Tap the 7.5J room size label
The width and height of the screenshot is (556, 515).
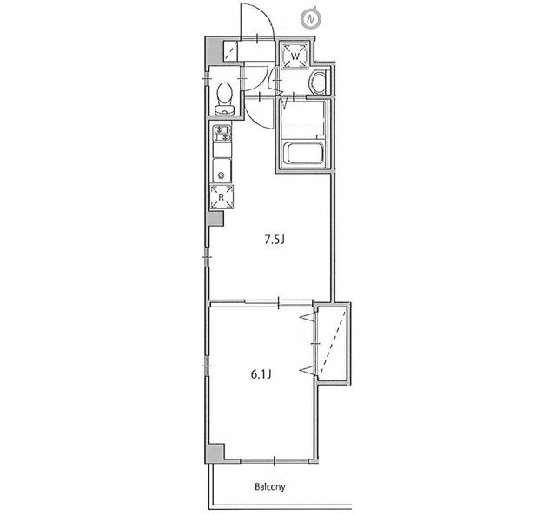click(275, 240)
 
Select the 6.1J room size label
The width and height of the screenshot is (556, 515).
click(261, 374)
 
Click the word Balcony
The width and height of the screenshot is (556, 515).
click(270, 486)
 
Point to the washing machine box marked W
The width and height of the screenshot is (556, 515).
click(295, 55)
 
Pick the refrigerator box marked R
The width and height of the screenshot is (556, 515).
click(222, 197)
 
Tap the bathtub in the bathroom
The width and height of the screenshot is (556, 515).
click(303, 153)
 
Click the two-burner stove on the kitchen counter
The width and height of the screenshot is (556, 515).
click(222, 133)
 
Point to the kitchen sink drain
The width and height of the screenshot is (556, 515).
click(222, 175)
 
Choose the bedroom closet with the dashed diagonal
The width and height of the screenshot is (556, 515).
click(332, 342)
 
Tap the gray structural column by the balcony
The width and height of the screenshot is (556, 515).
click(215, 452)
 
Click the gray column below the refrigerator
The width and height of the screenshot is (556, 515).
click(215, 218)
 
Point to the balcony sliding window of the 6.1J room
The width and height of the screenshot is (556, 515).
click(275, 461)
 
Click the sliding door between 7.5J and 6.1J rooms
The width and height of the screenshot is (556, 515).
click(279, 302)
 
